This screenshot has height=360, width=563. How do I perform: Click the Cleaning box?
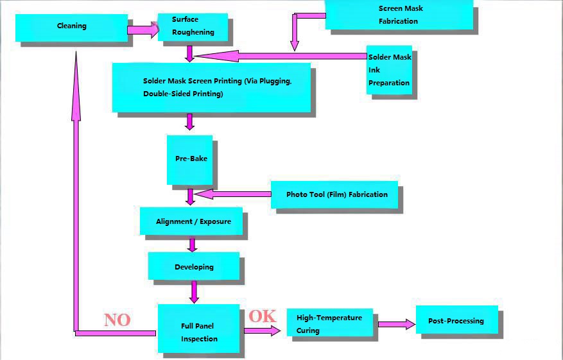[x=71, y=27]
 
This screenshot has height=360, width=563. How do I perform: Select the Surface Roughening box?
[x=193, y=26]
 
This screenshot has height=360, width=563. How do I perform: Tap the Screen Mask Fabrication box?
[x=399, y=15]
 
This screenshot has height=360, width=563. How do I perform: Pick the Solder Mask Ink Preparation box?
[x=389, y=70]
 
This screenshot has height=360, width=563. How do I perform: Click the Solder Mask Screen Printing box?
[x=211, y=87]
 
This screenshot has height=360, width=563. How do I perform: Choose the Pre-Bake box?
[x=189, y=159]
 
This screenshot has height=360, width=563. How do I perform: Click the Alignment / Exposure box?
[x=191, y=221]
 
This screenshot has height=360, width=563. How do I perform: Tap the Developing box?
[x=193, y=266]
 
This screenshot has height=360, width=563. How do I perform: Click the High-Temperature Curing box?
[x=329, y=323]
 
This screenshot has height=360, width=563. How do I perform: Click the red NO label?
[x=117, y=320]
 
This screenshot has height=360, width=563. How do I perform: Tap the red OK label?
[x=262, y=316]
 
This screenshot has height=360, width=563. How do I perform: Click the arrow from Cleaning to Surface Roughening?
[x=143, y=30]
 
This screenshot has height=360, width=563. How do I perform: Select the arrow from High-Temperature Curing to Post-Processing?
[x=395, y=324]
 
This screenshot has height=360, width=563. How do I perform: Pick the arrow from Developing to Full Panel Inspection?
[x=193, y=291]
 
